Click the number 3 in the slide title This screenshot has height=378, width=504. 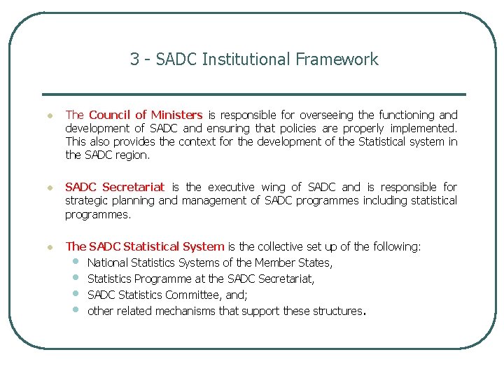click(134, 60)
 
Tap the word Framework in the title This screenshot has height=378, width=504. click(337, 60)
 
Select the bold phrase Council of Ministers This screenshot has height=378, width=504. click(146, 115)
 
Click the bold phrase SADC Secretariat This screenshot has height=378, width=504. click(114, 187)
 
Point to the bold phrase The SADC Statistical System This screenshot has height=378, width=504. click(144, 246)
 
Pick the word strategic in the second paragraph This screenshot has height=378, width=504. click(87, 201)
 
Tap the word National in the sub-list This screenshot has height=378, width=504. click(108, 262)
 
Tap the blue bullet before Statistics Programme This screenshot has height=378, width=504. click(76, 279)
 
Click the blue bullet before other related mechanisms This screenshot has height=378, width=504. click(76, 311)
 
